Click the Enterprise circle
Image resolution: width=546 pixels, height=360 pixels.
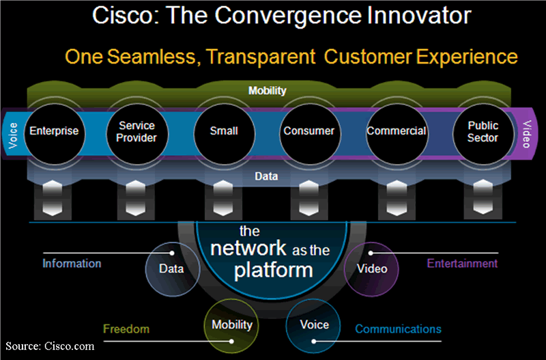[x=54, y=130]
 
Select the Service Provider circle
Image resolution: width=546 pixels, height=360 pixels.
[x=136, y=131]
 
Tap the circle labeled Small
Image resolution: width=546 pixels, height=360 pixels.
[x=223, y=130]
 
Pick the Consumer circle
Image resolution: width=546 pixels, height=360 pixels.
[x=309, y=130]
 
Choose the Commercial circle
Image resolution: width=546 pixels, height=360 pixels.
[x=397, y=130]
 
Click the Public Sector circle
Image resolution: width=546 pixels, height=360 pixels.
[x=483, y=131]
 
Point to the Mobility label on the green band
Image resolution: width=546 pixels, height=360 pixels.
[x=268, y=90]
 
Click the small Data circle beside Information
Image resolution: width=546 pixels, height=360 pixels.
[x=172, y=268]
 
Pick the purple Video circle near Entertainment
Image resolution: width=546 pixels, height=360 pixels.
[x=372, y=268]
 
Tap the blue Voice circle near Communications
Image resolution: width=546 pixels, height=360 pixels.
[x=314, y=324]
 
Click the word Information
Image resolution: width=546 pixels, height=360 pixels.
[x=72, y=263]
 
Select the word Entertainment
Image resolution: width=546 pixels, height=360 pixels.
[x=462, y=263]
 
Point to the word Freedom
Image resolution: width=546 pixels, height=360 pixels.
[x=126, y=329]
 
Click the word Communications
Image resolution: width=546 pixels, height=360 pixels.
[x=398, y=329]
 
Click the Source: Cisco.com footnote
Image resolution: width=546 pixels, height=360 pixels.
[x=51, y=346]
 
